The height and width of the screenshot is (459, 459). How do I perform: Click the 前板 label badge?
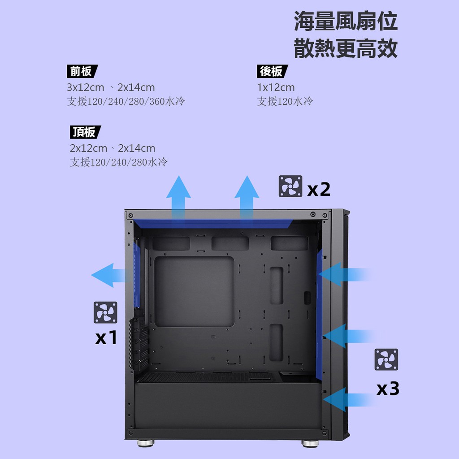click(x=82, y=71)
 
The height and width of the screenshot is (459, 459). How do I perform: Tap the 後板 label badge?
click(x=272, y=71)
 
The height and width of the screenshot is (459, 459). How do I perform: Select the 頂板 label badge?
click(x=85, y=132)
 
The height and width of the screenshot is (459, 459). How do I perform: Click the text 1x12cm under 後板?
click(x=276, y=87)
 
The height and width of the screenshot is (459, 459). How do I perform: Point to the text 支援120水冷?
click(x=285, y=101)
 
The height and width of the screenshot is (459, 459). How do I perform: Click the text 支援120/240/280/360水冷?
click(x=126, y=101)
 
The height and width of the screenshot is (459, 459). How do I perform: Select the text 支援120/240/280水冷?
click(x=118, y=162)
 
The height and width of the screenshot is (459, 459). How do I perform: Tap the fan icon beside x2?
click(x=290, y=186)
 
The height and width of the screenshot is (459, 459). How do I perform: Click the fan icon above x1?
click(x=105, y=312)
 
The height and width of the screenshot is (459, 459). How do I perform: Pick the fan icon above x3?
click(x=386, y=359)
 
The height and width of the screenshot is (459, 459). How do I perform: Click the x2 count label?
click(x=319, y=189)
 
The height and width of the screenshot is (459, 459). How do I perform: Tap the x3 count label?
click(x=388, y=389)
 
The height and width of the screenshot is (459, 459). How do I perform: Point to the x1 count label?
click(x=106, y=337)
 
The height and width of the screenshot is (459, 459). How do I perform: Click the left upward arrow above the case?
click(x=178, y=198)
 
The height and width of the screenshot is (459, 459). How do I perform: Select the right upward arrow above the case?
click(x=247, y=198)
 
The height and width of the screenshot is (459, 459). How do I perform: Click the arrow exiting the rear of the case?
click(x=111, y=275)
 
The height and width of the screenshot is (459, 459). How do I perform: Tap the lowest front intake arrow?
click(x=348, y=399)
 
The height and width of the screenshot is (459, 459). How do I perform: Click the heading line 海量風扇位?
click(x=346, y=21)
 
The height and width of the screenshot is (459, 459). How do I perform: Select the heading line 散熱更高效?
click(x=346, y=48)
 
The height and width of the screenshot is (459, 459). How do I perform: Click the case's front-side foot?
click(x=310, y=444)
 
